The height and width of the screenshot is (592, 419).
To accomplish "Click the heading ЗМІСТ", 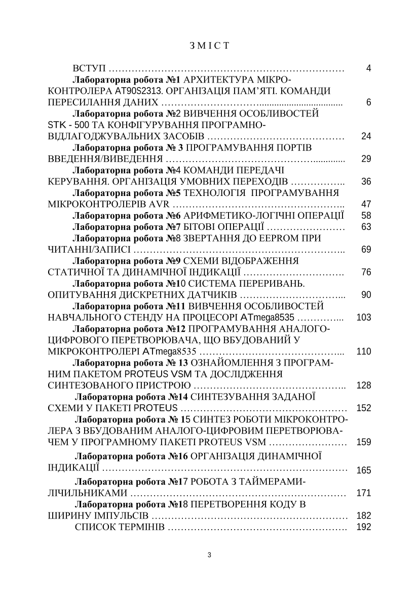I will click(209, 46).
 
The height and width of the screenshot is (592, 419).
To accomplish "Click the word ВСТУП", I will click(89, 68).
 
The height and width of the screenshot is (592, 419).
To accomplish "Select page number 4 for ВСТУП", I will click(368, 68).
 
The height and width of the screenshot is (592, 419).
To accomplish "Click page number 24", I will click(366, 136).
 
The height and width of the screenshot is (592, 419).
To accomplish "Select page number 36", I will click(366, 181).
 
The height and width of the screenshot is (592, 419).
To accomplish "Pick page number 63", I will click(366, 226).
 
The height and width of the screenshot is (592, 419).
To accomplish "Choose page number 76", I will click(366, 272).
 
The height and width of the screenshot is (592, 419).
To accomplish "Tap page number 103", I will click(364, 318).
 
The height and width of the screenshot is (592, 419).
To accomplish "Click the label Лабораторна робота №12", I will click(129, 329).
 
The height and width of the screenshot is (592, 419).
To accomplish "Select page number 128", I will click(364, 385).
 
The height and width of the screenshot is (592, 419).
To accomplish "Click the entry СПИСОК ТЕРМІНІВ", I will click(120, 527).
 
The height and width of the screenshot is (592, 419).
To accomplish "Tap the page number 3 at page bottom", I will click(210, 555).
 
